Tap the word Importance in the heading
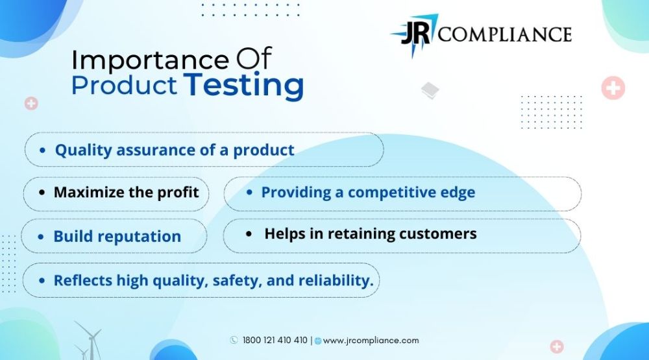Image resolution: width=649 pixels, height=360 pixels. tap(151, 60)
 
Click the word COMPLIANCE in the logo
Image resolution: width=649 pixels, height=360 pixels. tap(504, 34)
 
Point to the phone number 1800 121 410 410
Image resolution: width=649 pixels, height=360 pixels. tap(275, 340)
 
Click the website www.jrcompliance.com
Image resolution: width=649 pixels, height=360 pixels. tap(371, 341)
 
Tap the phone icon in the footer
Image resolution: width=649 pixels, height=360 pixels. tap(234, 340)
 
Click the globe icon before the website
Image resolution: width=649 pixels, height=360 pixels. tap(318, 341)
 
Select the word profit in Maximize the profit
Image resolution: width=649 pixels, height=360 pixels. tap(178, 193)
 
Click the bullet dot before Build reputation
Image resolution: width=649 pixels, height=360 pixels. tap(40, 237)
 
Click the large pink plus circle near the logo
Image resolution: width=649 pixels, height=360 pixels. tap(613, 88)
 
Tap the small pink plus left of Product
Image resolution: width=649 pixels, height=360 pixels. tap(31, 103)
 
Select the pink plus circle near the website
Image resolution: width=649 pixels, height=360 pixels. tap(557, 346)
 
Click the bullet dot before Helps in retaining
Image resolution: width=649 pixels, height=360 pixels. tap(249, 234)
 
